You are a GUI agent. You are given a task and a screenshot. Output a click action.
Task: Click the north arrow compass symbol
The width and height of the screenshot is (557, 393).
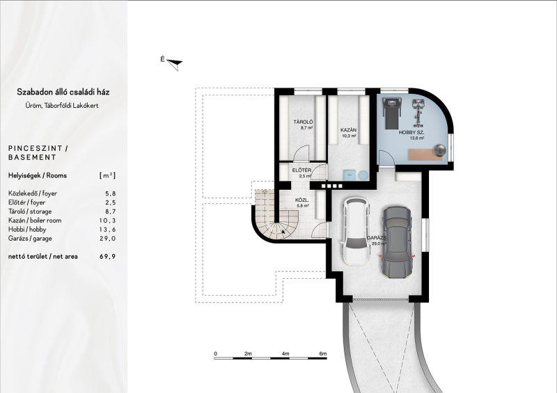point(174,64)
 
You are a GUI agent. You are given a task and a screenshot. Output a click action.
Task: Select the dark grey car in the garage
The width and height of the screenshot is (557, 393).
point(396,242)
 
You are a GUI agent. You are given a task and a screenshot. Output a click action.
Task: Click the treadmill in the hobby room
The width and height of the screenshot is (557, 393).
point(391,113)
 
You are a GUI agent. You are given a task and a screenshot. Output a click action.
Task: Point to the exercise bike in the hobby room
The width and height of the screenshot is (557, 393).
point(418,113)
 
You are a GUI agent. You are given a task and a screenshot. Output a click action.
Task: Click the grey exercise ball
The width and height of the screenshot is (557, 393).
point(440,150)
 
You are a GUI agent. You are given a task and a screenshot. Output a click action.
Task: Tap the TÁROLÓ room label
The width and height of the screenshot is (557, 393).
point(303,122)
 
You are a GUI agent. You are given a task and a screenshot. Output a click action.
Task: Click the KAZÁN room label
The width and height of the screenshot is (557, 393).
point(349,130)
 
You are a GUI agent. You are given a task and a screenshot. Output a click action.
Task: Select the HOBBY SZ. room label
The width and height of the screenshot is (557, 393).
point(411,132)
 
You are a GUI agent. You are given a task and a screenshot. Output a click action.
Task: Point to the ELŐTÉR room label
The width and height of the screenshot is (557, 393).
point(302,170)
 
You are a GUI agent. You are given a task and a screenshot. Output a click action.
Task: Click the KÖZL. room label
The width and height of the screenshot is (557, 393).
point(302,200)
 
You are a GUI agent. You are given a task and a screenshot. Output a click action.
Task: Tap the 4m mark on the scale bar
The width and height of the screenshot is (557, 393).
point(285,353)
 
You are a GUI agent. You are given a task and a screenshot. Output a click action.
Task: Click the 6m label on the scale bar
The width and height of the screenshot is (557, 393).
point(322,353)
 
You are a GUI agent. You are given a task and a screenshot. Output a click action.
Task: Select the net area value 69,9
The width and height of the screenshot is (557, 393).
point(108,257)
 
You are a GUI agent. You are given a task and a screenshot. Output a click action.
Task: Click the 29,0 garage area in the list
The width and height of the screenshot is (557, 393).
point(108,239)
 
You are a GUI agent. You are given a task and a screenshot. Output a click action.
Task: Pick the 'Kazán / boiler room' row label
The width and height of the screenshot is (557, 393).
point(35,220)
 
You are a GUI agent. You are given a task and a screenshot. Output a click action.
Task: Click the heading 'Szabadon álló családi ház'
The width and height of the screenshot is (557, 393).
point(63,92)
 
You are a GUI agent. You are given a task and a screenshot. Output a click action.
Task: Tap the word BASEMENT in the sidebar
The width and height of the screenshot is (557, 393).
point(32,157)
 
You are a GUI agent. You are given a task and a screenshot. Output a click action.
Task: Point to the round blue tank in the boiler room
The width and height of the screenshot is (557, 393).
point(363,175)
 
